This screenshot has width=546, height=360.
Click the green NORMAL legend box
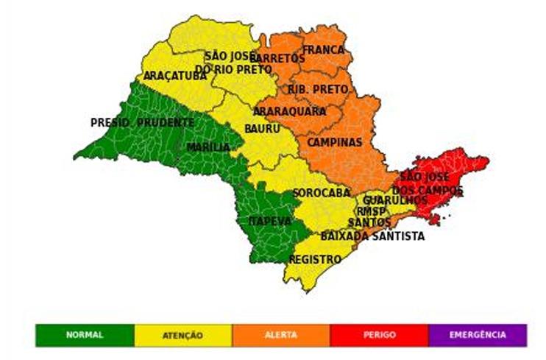(x=85, y=335)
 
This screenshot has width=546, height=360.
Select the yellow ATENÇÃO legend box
(x=182, y=335)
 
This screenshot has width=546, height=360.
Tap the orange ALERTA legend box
(x=280, y=335)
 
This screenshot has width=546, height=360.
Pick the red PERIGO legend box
(x=379, y=335)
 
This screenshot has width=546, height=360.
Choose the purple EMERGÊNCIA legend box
(x=478, y=335)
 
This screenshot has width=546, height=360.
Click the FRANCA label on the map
(x=324, y=50)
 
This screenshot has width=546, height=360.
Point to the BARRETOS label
(x=277, y=58)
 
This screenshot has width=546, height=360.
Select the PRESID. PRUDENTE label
(x=142, y=123)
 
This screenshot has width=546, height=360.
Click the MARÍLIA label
(x=208, y=148)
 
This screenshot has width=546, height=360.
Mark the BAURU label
(x=262, y=129)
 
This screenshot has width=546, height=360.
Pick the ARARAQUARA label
(x=289, y=111)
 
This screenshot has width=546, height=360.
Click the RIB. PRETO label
(x=318, y=89)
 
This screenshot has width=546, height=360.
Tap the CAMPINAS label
(x=335, y=142)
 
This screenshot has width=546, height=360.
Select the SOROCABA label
(x=322, y=193)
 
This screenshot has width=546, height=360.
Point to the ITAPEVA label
(x=269, y=221)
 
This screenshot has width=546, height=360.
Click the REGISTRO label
(x=315, y=260)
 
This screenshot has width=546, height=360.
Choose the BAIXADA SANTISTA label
(x=372, y=236)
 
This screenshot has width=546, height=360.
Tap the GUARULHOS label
(x=395, y=200)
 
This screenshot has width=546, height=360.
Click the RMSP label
(x=371, y=211)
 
